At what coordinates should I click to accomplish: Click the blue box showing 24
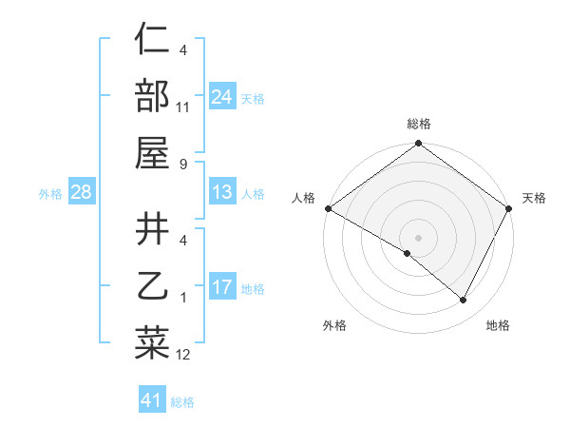(x=222, y=96)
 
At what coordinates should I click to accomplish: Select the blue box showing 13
(x=222, y=193)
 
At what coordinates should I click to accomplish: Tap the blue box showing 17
(x=222, y=287)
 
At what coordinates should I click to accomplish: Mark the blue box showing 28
(x=81, y=193)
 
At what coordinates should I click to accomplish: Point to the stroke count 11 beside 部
(x=183, y=107)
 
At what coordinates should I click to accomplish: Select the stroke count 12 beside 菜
(x=183, y=355)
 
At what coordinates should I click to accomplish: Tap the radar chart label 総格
(x=419, y=124)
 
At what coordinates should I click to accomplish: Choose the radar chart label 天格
(x=534, y=198)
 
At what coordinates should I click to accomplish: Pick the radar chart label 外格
(x=334, y=325)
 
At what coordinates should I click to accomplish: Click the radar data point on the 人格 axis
(x=328, y=208)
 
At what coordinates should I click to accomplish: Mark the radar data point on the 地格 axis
(x=464, y=301)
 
